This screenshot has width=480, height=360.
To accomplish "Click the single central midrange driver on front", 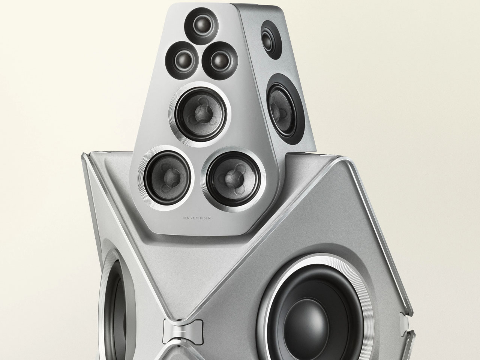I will [x=202, y=108].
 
